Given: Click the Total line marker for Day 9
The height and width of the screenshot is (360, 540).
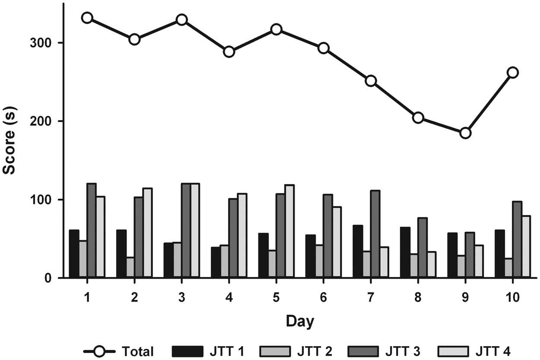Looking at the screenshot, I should (465, 133).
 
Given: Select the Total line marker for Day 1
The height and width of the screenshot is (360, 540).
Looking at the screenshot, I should (87, 18).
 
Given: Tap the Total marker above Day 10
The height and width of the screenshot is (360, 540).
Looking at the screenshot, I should (512, 72).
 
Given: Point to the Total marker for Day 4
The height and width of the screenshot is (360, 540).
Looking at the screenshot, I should (229, 52).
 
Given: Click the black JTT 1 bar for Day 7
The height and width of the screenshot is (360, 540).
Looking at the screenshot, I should (358, 252).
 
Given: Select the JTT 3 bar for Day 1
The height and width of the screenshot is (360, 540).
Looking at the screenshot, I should (91, 230).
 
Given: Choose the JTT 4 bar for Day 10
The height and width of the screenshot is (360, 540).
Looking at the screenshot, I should (526, 246).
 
